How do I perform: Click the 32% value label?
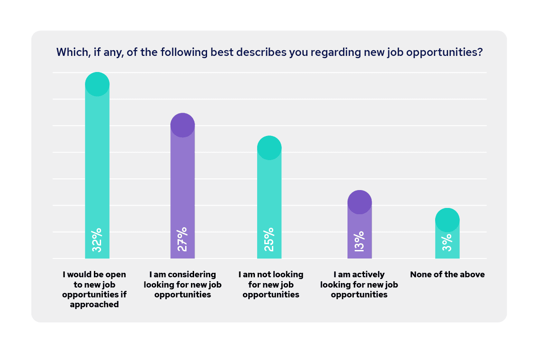click(x=97, y=240)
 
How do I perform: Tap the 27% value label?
click(x=182, y=239)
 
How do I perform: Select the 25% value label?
click(x=269, y=240)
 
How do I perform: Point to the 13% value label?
click(x=359, y=241)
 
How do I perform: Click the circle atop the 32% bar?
click(x=97, y=84)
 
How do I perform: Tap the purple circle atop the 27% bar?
click(x=182, y=125)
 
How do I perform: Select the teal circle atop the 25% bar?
click(x=269, y=148)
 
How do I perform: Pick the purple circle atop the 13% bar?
click(x=360, y=202)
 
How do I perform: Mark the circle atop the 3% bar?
click(x=447, y=220)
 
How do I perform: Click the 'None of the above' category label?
click(x=447, y=275)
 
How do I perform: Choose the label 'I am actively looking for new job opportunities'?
click(x=359, y=284)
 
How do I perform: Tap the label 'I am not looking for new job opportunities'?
click(x=271, y=284)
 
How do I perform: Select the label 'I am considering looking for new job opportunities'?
click(x=182, y=284)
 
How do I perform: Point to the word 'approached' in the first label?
click(x=94, y=305)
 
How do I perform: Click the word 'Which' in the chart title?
click(x=69, y=52)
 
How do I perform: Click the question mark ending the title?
click(x=480, y=52)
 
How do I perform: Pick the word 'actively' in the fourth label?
click(x=366, y=275)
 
